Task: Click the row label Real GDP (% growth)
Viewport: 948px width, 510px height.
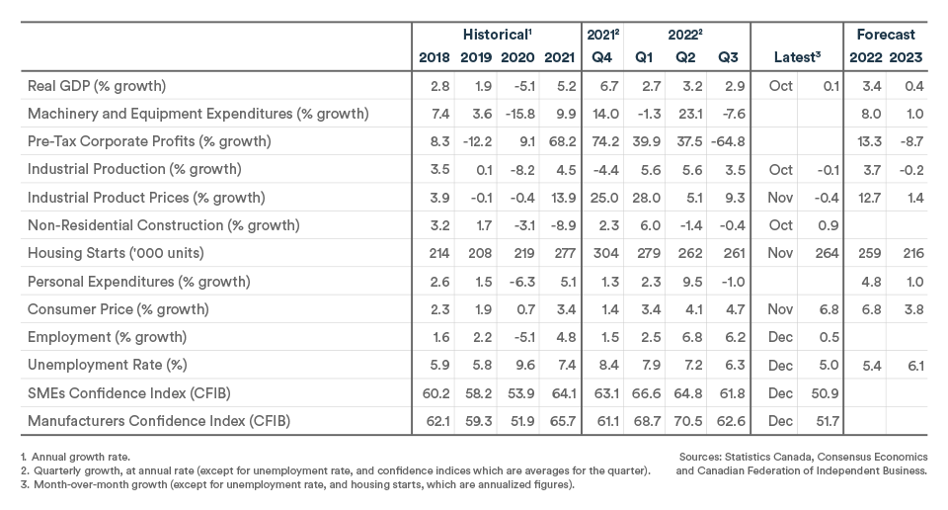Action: click(x=96, y=86)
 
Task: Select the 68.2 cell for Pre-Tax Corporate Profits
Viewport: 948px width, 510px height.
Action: click(x=559, y=141)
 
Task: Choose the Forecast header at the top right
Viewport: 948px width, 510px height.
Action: click(x=885, y=35)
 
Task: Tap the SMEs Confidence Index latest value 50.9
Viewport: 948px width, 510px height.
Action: click(x=828, y=392)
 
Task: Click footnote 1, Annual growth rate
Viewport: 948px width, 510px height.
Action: click(x=68, y=457)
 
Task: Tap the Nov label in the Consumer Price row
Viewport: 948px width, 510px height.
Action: click(x=781, y=308)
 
